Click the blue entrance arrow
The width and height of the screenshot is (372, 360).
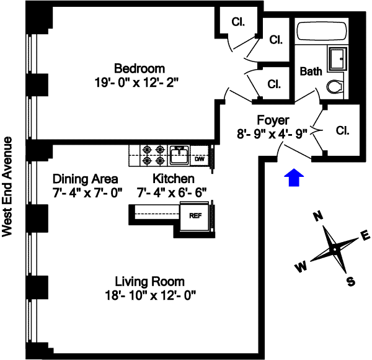pyautogui.click(x=294, y=178)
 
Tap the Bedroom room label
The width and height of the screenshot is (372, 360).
pyautogui.click(x=139, y=68)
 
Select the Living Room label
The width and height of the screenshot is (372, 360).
pyautogui.click(x=149, y=282)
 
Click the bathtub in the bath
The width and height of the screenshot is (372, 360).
pyautogui.click(x=322, y=31)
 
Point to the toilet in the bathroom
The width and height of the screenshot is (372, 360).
pyautogui.click(x=335, y=86)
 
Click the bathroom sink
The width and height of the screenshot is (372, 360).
pyautogui.click(x=337, y=58)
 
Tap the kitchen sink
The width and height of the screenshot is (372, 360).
pyautogui.click(x=180, y=155)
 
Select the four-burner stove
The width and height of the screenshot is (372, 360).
pyautogui.click(x=154, y=155)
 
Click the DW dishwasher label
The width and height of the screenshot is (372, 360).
pyautogui.click(x=200, y=159)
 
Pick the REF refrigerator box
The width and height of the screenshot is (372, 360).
pyautogui.click(x=195, y=216)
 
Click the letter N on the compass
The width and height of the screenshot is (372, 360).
pyautogui.click(x=319, y=216)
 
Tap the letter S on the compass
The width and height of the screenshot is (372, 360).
pyautogui.click(x=351, y=282)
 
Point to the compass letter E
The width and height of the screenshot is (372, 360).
pyautogui.click(x=365, y=235)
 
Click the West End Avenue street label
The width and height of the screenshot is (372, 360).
pyautogui.click(x=7, y=187)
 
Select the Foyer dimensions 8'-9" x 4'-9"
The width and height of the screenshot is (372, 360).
pyautogui.click(x=272, y=133)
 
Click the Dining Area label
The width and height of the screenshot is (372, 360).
pyautogui.click(x=85, y=179)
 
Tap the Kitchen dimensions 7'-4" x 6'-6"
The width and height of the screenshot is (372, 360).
pyautogui.click(x=172, y=192)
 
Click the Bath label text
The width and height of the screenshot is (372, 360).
pyautogui.click(x=311, y=71)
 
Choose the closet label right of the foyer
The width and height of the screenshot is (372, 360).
pyautogui.click(x=343, y=130)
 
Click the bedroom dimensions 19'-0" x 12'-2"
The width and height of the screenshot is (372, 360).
pyautogui.click(x=136, y=83)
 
